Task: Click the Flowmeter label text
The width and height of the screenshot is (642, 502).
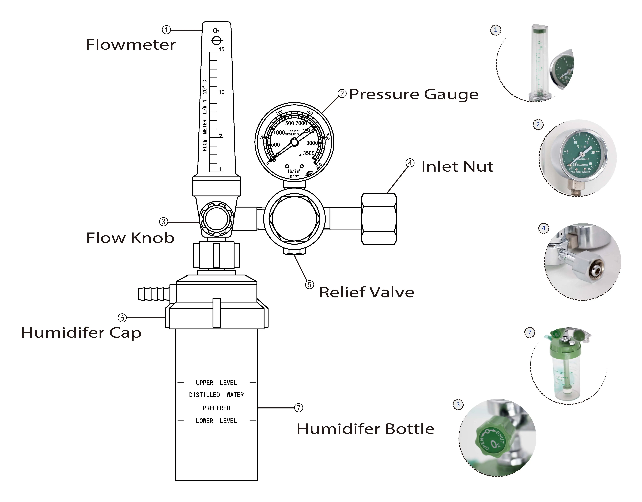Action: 131,45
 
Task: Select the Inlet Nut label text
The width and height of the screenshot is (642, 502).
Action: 457,167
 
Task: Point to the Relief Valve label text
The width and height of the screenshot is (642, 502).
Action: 367,292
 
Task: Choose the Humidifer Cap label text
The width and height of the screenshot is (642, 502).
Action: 81,333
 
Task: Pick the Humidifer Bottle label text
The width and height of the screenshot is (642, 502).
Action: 365,429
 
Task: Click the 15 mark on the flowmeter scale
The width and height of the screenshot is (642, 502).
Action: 221,49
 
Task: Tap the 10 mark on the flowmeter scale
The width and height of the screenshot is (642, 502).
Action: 221,92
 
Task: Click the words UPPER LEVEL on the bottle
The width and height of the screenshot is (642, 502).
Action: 216,383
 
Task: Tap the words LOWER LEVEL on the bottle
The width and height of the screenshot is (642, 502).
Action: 216,421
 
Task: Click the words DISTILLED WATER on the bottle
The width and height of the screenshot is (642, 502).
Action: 216,395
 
